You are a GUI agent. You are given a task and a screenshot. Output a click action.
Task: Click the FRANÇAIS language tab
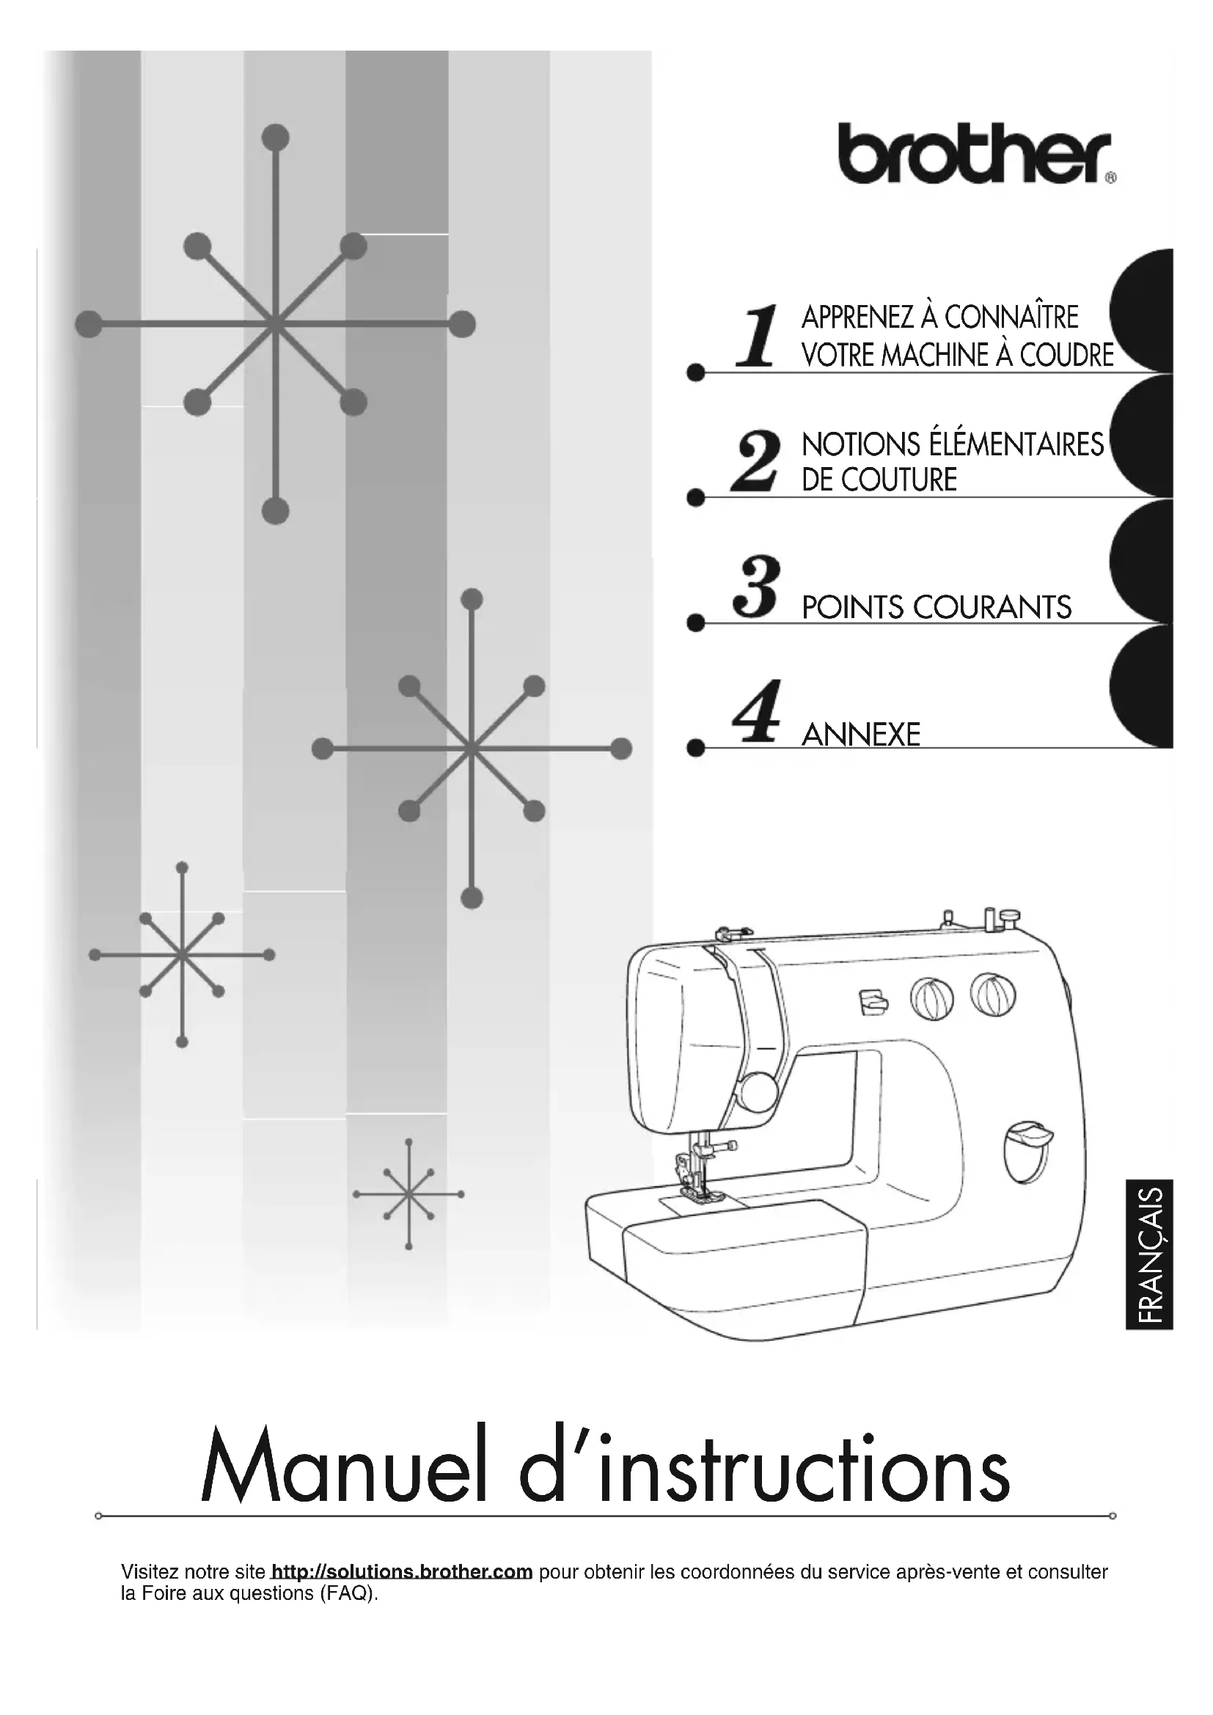tap(1148, 1255)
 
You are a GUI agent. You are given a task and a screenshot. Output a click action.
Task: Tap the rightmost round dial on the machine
tap(993, 994)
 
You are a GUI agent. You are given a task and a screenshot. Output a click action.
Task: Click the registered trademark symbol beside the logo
tap(1110, 177)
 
